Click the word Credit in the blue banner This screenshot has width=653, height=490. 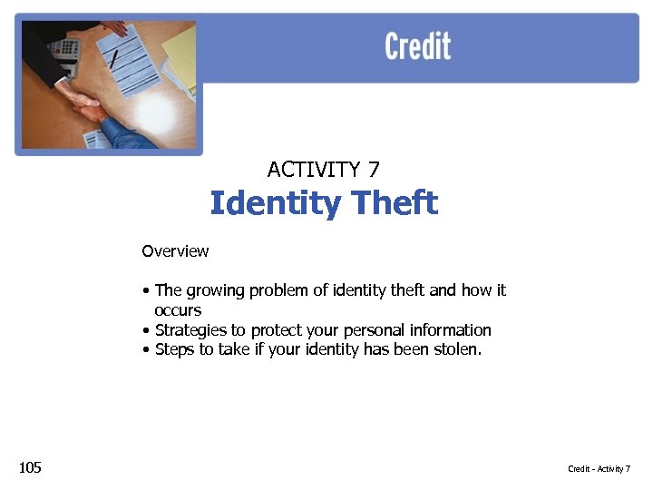click(417, 46)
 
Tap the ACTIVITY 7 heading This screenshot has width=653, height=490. click(324, 170)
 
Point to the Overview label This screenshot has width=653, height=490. click(175, 251)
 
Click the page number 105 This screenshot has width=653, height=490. click(30, 467)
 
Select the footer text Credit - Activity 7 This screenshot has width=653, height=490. click(599, 468)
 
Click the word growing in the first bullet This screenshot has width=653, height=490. click(214, 290)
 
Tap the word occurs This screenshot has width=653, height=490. click(178, 310)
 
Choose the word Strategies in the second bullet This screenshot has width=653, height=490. click(189, 330)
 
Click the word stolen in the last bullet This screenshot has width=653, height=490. click(454, 349)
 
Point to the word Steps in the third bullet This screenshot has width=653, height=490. click(174, 349)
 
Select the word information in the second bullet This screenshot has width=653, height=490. click(450, 330)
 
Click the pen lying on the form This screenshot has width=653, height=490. click(114, 60)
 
